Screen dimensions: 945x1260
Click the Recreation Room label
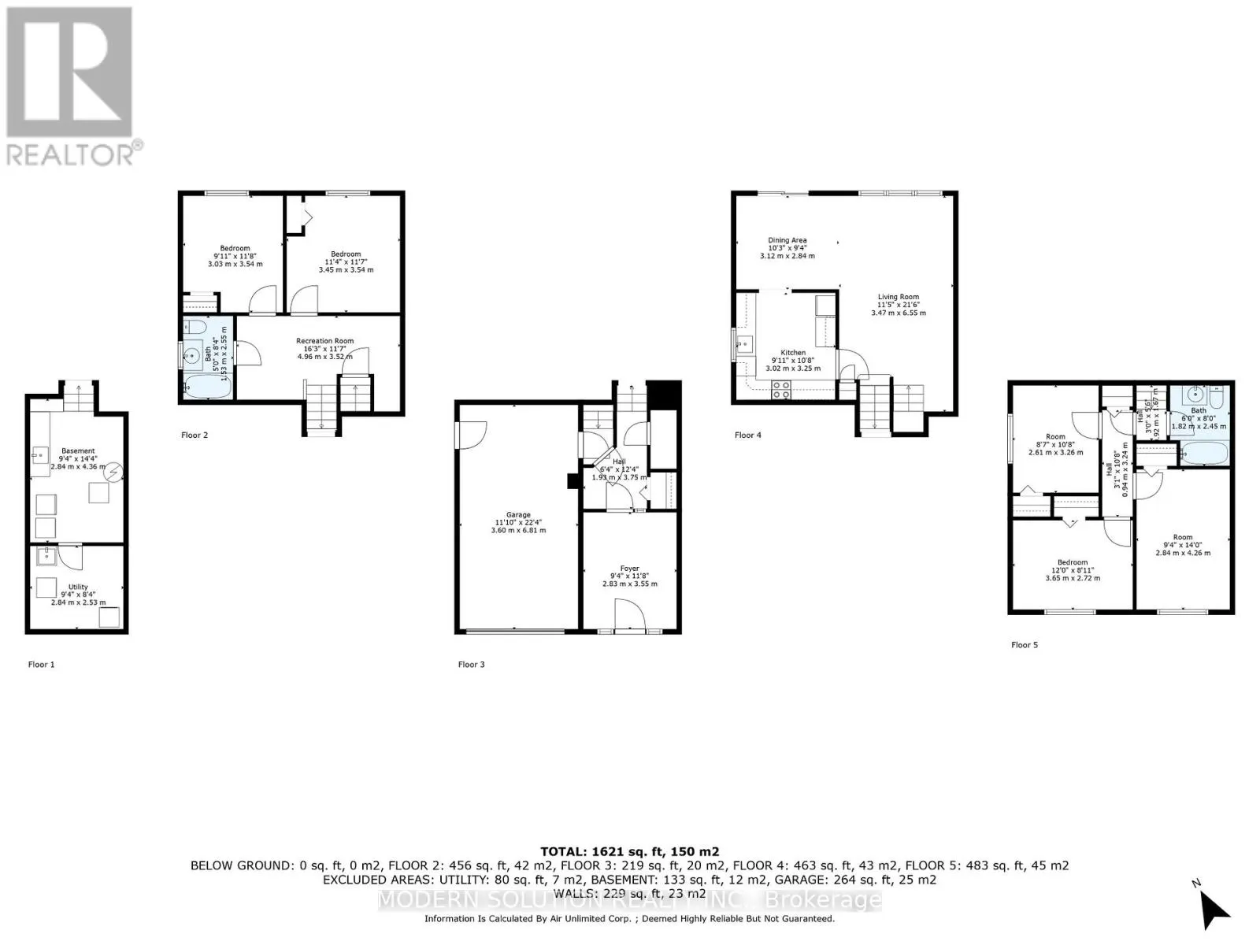pos(324,341)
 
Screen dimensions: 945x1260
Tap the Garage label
pos(518,515)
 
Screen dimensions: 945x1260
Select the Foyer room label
pos(629,569)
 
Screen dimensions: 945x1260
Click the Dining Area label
pos(787,240)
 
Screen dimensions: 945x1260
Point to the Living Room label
pos(899,297)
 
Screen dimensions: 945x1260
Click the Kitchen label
pos(793,353)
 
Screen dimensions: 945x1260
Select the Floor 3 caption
pos(471,665)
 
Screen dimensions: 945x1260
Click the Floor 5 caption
pos(1025,645)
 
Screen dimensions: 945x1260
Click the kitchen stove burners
pos(781,388)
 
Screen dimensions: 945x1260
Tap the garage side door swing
pos(472,435)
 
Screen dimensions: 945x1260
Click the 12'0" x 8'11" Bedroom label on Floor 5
pos(1073,563)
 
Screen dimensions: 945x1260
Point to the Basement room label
pos(78,451)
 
